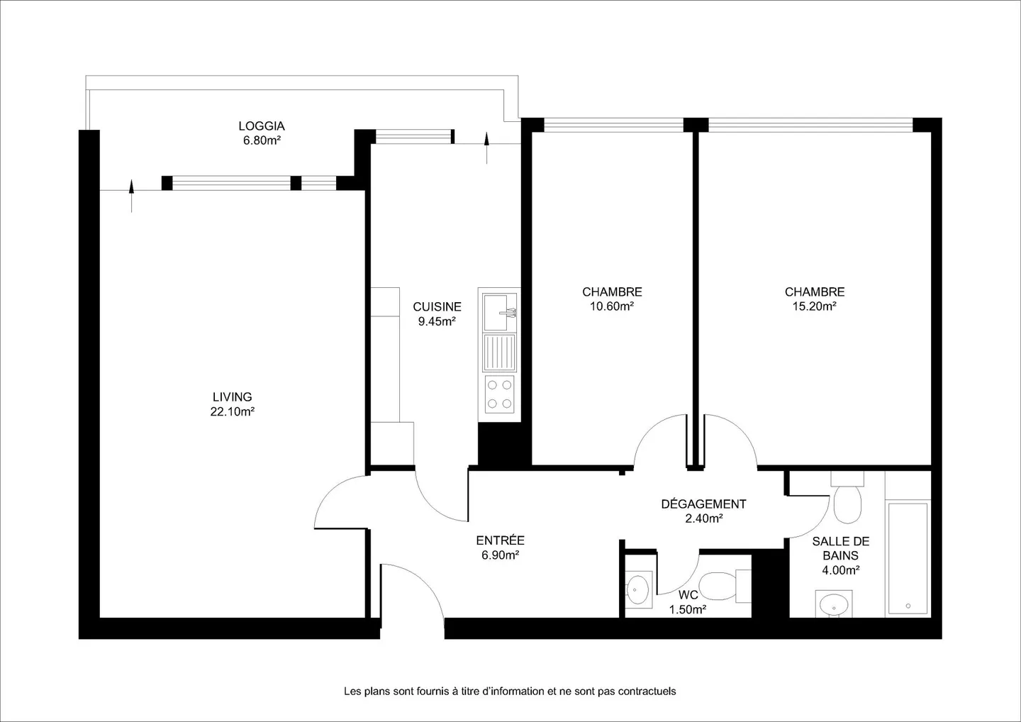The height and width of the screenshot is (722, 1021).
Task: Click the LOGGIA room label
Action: pos(262,126)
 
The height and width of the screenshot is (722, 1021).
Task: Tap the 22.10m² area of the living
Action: pos(232,411)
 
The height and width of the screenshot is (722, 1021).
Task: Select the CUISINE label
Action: pos(437,307)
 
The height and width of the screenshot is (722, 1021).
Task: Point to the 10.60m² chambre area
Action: pos(612,306)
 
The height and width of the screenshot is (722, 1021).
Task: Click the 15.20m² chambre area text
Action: pos(814,306)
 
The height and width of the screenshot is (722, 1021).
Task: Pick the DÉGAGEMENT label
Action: pos(704,504)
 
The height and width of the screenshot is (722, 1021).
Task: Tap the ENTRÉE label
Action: pos(500,540)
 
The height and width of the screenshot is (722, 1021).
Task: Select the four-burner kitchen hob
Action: pos(500,394)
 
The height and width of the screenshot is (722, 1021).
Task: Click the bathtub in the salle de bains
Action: pos(908,558)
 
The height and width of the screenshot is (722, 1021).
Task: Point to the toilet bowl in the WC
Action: pos(717,586)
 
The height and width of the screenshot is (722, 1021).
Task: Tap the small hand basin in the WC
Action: pos(637,589)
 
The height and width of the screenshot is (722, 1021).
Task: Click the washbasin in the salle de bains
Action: pos(834,605)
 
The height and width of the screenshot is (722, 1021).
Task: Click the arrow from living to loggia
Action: pos(132,196)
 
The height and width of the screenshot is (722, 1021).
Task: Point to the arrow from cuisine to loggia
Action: pos(486,148)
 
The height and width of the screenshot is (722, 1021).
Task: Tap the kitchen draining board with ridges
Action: pos(500,352)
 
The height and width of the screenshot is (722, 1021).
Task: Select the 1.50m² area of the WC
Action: pos(687,609)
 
